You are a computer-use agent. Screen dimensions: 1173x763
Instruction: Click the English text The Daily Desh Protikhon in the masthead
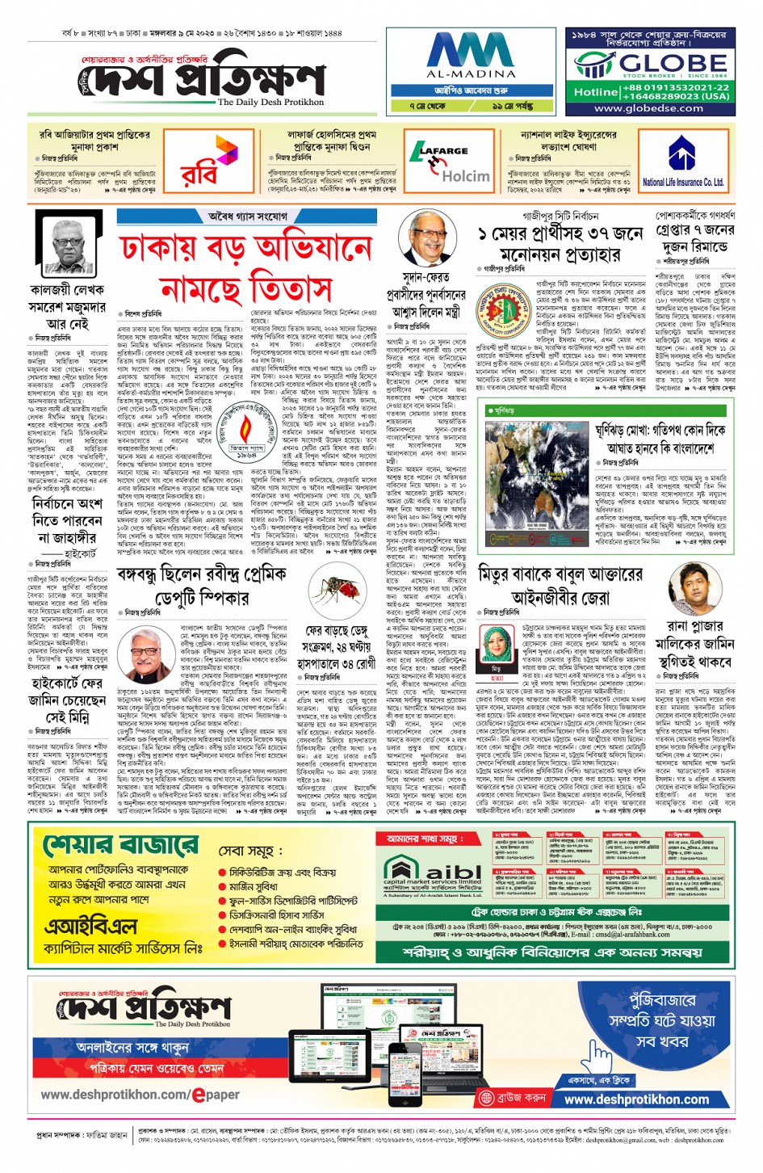(270, 102)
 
